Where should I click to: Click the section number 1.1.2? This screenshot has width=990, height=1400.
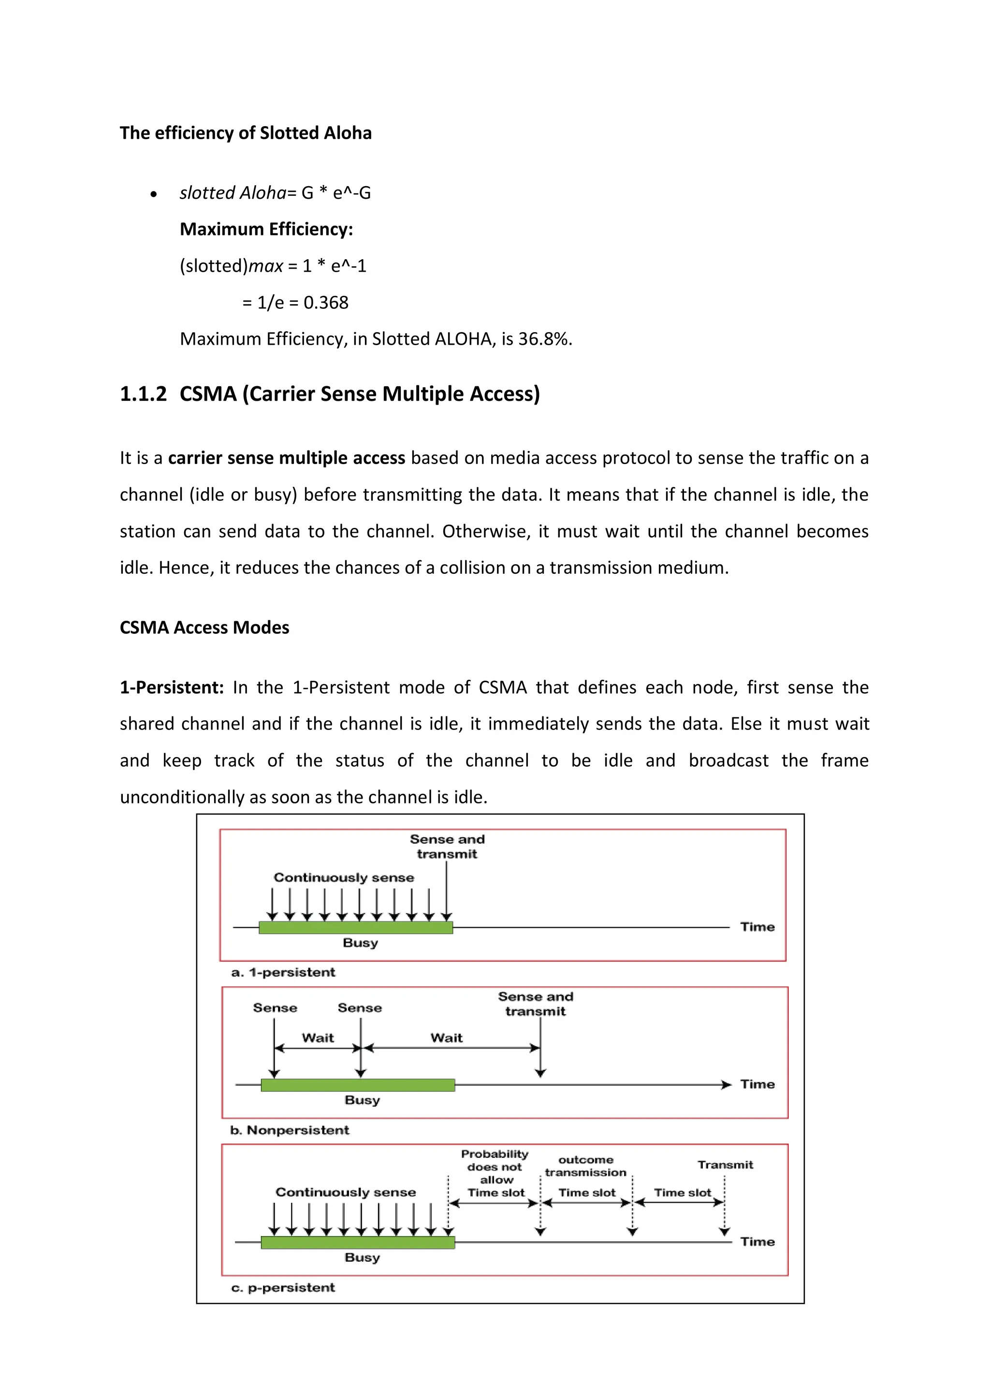pyautogui.click(x=143, y=394)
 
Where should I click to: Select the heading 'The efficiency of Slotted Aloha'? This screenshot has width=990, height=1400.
pyautogui.click(x=245, y=133)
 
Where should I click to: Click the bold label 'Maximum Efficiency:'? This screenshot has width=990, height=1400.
pyautogui.click(x=266, y=229)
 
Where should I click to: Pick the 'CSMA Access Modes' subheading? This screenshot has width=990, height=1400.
pyautogui.click(x=204, y=627)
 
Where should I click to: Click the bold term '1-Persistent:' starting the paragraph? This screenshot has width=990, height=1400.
pyautogui.click(x=172, y=687)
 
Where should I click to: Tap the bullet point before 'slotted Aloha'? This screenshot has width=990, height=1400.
pyautogui.click(x=154, y=194)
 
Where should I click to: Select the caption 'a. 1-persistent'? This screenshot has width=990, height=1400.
pyautogui.click(x=283, y=972)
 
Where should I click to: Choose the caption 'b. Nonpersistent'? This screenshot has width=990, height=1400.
pyautogui.click(x=290, y=1130)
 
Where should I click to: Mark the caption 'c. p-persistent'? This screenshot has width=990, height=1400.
pyautogui.click(x=283, y=1287)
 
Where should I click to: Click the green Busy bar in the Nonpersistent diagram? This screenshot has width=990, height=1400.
pyautogui.click(x=358, y=1085)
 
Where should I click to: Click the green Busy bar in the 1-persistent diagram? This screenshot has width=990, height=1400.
pyautogui.click(x=355, y=927)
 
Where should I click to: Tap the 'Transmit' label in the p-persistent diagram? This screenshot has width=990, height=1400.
pyautogui.click(x=725, y=1165)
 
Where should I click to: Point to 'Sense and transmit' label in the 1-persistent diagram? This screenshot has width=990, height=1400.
pyautogui.click(x=447, y=846)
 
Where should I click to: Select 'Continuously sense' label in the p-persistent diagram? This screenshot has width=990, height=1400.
pyautogui.click(x=346, y=1192)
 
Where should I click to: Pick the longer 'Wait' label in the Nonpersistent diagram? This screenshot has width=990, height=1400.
pyautogui.click(x=446, y=1038)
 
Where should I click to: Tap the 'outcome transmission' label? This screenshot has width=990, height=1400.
pyautogui.click(x=585, y=1166)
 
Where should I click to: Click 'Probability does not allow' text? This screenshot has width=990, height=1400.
pyautogui.click(x=495, y=1167)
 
